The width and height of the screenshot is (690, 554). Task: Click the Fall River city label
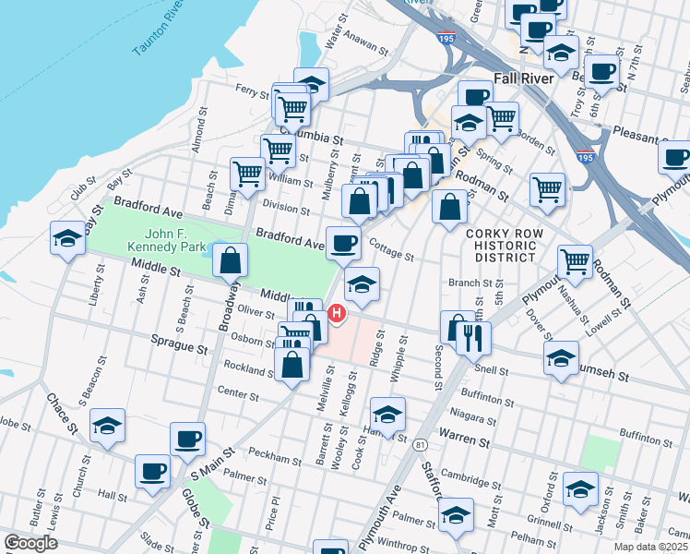click(523, 78)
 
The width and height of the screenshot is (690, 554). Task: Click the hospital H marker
click(337, 314)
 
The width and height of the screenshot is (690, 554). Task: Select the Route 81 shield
click(421, 445)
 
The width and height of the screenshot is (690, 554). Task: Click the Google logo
click(30, 543)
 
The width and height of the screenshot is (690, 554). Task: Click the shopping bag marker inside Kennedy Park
click(230, 261)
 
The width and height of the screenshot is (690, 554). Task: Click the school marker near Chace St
click(108, 426)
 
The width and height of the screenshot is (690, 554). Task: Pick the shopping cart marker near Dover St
click(575, 261)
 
